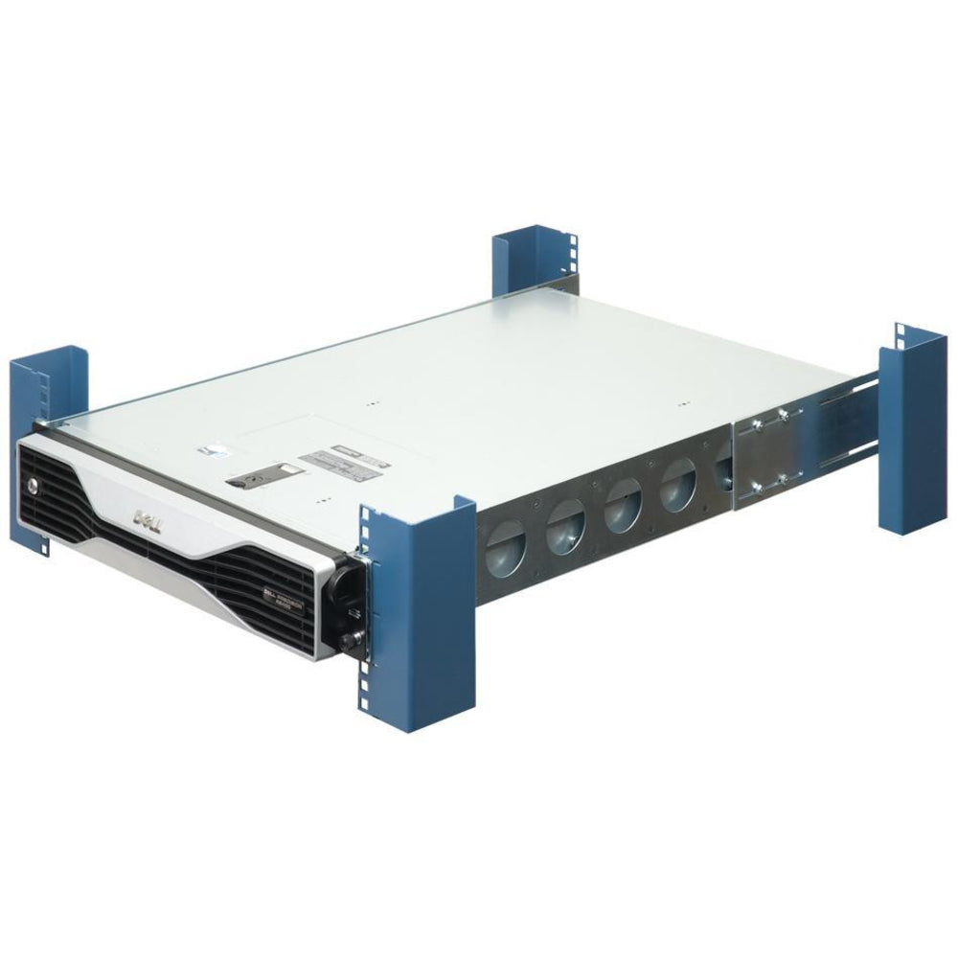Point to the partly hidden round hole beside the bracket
(x=721, y=474)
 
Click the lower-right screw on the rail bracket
(x=783, y=478)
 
